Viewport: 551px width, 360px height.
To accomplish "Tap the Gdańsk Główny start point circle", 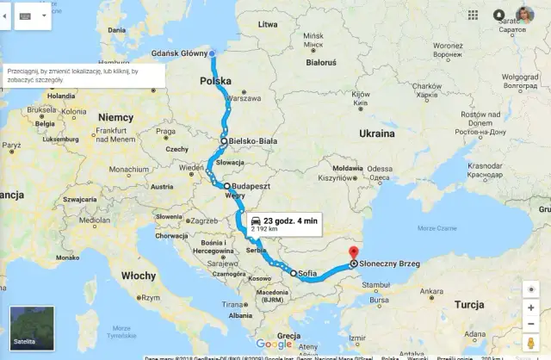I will (x=212, y=53).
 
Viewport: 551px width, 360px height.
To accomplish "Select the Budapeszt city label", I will (x=251, y=186).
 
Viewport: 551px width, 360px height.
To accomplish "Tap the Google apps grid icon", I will (x=474, y=16).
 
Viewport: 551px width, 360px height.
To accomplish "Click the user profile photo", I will (x=524, y=15).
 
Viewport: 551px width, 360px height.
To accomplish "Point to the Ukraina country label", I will (x=376, y=134).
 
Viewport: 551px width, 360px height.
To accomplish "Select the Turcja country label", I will (x=469, y=305).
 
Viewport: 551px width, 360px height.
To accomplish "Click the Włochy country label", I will (x=139, y=276).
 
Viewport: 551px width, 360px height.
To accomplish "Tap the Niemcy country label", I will (x=116, y=117).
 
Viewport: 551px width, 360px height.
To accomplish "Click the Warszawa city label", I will (x=244, y=99).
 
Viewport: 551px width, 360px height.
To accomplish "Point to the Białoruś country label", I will (x=321, y=63).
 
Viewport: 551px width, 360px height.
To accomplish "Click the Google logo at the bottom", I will (x=274, y=344).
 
